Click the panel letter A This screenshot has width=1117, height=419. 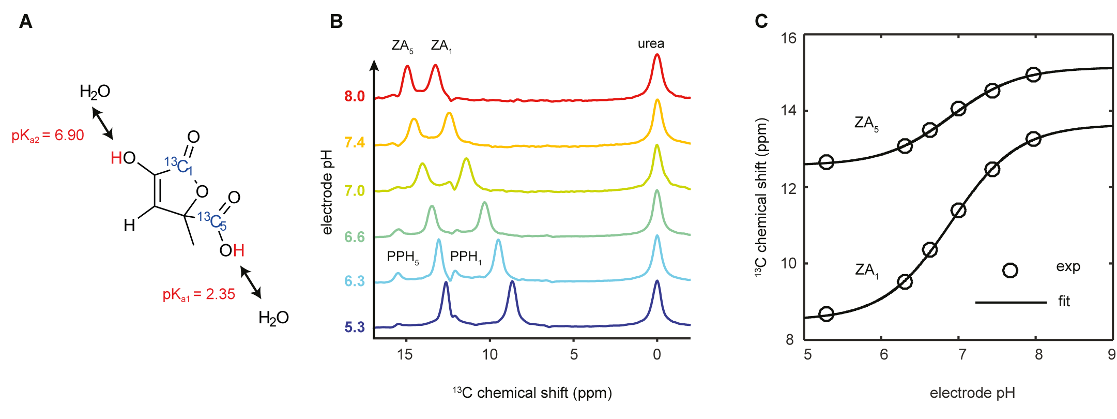point(25,22)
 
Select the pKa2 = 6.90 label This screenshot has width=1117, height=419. point(48,136)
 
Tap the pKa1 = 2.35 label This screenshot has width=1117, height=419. point(198,294)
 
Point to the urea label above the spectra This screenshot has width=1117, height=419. point(651,43)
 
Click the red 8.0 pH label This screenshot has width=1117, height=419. point(355,96)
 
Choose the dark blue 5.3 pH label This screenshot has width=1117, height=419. point(355,327)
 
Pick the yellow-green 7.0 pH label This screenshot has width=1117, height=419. point(355,191)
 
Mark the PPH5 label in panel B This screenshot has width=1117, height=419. point(403,257)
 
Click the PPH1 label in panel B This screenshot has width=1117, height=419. point(466,257)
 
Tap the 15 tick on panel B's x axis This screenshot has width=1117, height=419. point(405,354)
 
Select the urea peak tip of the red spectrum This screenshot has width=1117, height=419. point(657,55)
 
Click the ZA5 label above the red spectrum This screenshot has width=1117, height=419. point(402,46)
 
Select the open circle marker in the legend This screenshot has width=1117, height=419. point(1010,270)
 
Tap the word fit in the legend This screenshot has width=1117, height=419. point(1064,301)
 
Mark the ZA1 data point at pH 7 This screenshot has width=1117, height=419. point(958,210)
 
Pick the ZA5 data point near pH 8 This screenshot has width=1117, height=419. point(1033,74)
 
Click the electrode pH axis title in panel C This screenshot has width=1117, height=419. point(972,393)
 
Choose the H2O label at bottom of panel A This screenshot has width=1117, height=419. point(273,318)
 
